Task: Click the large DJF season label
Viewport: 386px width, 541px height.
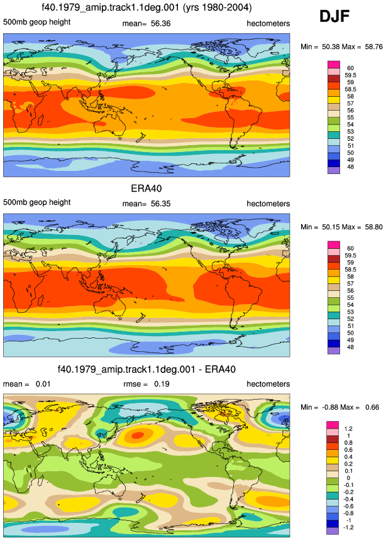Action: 334,16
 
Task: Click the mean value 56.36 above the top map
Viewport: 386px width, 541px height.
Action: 160,23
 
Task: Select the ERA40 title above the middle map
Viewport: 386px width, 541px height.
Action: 146,189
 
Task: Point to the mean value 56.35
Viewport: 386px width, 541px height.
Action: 160,204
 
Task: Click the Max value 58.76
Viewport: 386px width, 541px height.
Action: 373,46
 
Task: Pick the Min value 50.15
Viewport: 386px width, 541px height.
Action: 331,227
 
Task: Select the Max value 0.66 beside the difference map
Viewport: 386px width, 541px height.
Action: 372,407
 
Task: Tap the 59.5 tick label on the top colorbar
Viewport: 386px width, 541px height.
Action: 350,75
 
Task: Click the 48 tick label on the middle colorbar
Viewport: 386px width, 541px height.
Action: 350,347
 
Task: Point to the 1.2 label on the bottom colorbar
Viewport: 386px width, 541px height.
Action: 348,429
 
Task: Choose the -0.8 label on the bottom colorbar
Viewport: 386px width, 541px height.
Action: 348,513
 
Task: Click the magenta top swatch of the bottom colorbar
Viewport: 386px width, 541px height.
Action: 333,425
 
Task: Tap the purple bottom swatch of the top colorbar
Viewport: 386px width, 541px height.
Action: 334,170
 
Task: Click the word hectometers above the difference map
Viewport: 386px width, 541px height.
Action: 268,384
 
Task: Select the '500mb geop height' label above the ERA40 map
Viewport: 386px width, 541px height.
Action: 37,202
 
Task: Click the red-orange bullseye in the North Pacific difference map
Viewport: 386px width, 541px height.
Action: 138,435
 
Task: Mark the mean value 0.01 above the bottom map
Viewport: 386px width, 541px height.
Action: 43,384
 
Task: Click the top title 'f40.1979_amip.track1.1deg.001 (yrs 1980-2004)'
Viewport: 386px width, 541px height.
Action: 146,8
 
